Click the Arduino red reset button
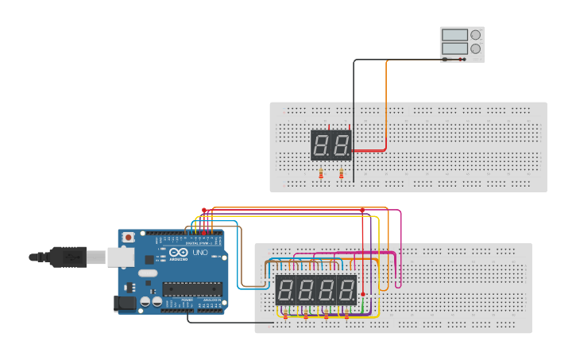pos(128,237)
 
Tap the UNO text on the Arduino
pos(199,253)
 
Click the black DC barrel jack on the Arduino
pos(124,303)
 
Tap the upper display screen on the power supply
pos(454,35)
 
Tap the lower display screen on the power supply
pos(454,49)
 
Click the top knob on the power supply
pos(475,35)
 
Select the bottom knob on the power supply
pos(475,49)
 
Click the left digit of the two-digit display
pos(321,145)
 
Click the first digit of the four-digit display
pos(286,290)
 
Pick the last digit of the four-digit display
pos(346,290)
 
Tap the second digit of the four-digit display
pos(306,290)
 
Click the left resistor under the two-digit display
pos(321,174)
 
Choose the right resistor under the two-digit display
pos(341,174)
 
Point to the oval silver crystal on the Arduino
pos(148,273)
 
